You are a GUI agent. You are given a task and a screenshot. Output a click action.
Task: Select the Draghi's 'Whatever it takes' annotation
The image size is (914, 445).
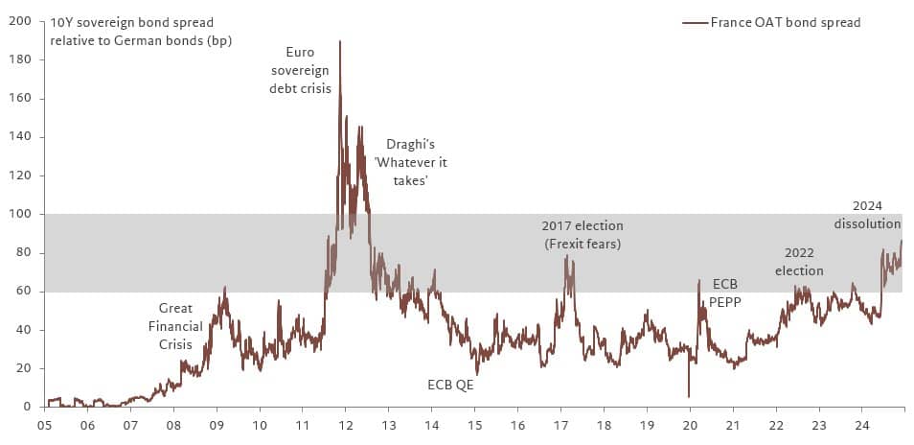click(x=410, y=162)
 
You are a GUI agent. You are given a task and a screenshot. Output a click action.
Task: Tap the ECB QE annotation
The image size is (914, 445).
click(x=450, y=385)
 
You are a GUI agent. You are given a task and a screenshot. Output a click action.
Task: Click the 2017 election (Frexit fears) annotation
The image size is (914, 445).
click(x=583, y=234)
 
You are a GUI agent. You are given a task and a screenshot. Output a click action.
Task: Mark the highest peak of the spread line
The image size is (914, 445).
click(x=340, y=42)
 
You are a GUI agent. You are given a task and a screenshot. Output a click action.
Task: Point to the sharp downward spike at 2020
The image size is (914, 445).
click(x=689, y=395)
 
